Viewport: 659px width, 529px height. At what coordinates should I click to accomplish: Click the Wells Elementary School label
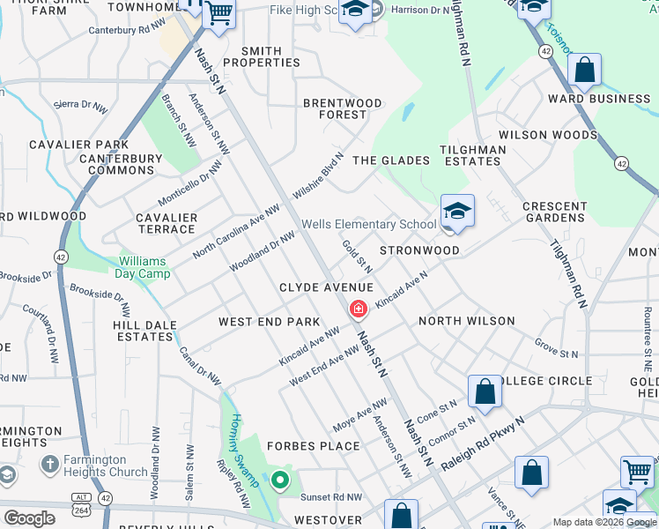pos(368,224)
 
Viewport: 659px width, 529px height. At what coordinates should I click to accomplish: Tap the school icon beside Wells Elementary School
pos(457,212)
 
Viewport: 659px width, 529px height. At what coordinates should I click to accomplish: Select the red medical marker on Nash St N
pos(359,309)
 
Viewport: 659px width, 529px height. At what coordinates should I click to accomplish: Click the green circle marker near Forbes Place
pos(280,481)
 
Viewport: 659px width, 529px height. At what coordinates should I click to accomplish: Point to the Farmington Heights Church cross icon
pos(49,462)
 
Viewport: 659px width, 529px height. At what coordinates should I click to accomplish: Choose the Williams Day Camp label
pos(155,267)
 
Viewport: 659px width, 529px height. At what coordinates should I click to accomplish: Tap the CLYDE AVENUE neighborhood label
pos(326,288)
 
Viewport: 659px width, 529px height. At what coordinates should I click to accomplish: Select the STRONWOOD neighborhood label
pos(419,250)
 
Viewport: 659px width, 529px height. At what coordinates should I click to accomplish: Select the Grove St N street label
pos(556,347)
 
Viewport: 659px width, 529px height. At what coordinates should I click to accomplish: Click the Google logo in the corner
pos(29,518)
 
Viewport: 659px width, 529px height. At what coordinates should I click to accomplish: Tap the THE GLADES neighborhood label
pos(390,160)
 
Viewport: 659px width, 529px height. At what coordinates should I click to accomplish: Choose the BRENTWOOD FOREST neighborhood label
pos(343,108)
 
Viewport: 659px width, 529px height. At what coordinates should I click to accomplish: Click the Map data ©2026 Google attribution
pos(604,523)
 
